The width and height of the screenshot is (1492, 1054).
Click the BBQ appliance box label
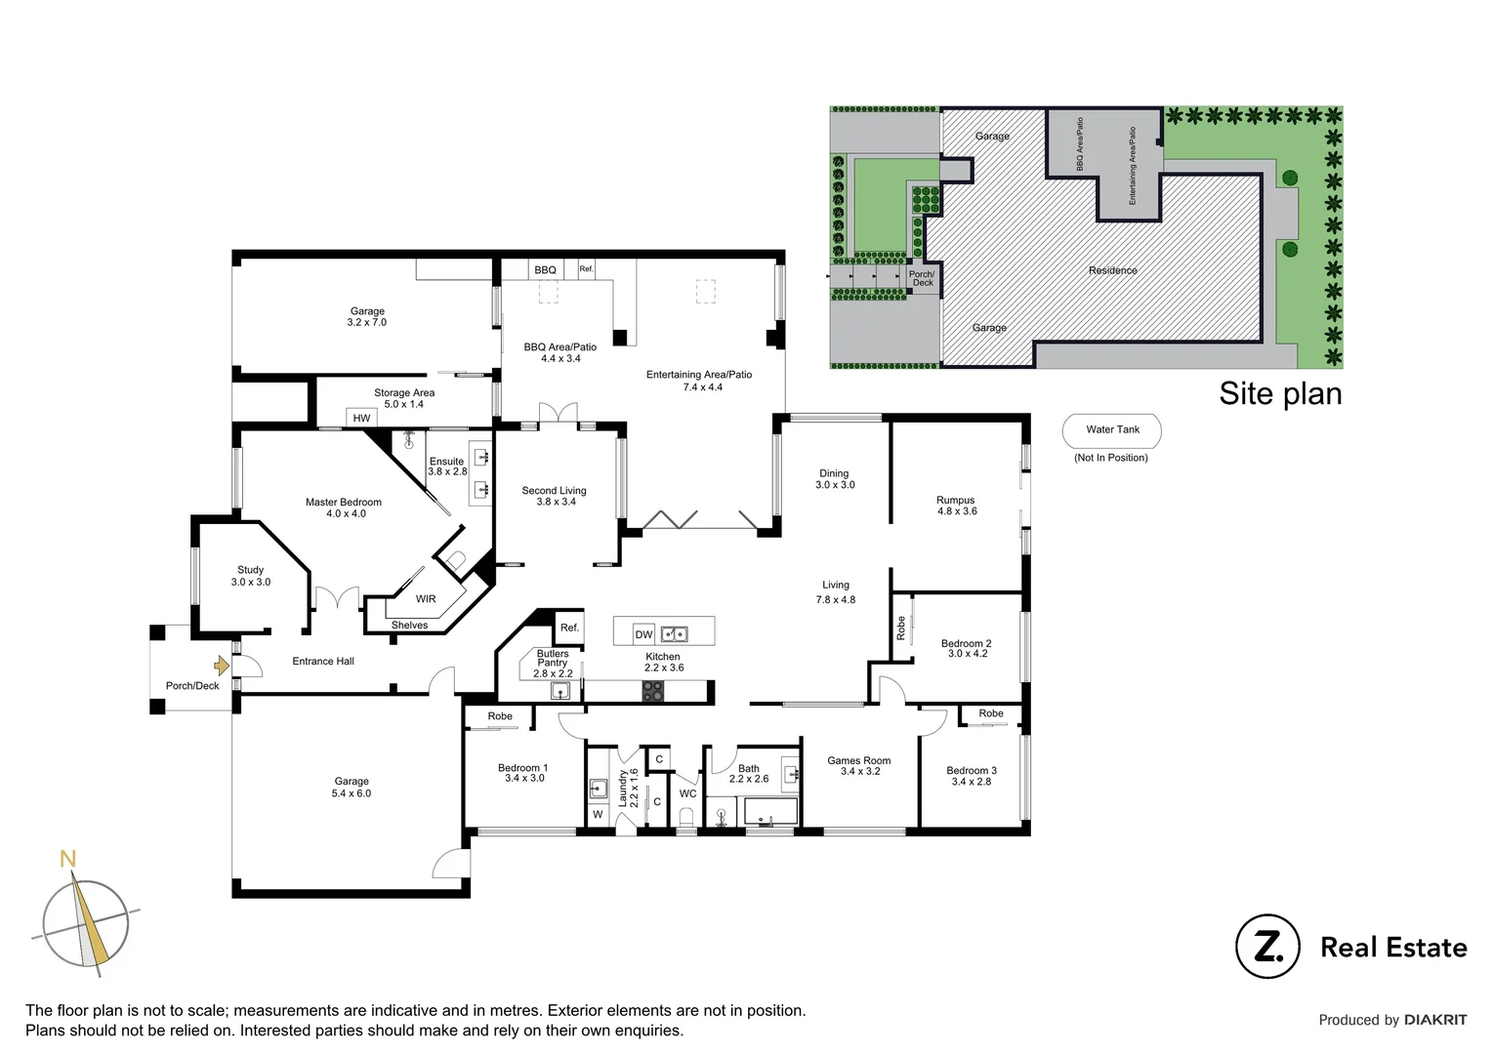point(545,269)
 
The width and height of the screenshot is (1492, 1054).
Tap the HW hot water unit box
point(361,418)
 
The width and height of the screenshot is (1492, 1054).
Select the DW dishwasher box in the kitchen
point(643,634)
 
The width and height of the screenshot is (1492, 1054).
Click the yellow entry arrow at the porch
point(222,666)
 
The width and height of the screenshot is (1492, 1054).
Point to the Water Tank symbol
point(1112,430)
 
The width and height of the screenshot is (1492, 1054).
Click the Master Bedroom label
point(344,507)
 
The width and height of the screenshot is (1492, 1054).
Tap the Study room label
point(251,576)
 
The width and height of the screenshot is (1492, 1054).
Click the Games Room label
point(859,766)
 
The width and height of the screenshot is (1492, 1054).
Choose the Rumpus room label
point(956,506)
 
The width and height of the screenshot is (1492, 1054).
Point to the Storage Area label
point(404,398)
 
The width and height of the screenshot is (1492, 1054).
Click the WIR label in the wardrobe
point(426,599)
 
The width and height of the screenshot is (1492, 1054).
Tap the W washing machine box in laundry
point(598,814)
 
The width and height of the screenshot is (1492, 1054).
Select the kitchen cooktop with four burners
point(652,691)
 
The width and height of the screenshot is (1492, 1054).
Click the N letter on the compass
point(67,860)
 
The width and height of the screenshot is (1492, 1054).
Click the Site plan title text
point(1280,393)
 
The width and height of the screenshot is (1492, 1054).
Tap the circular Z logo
point(1267,947)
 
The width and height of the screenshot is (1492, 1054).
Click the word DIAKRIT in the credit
point(1435,1020)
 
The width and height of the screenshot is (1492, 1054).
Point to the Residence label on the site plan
point(1113,270)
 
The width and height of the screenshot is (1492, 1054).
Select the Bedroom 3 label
point(972,776)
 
